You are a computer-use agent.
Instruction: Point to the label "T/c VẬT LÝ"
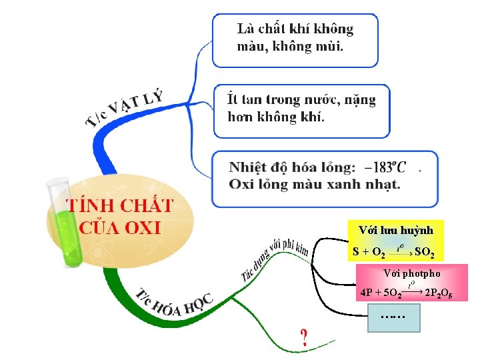(x=125, y=107)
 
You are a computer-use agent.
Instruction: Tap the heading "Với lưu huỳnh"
(x=396, y=230)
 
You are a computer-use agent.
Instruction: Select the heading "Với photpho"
(x=412, y=273)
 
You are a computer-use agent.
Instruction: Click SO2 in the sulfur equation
(x=425, y=253)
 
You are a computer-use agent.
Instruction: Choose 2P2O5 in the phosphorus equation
(x=439, y=293)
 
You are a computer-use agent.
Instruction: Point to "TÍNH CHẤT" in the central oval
(x=119, y=204)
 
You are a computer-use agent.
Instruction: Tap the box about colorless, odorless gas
(x=295, y=40)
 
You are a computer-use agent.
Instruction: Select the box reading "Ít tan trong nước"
(x=301, y=110)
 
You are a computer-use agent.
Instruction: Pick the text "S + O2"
(x=369, y=253)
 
